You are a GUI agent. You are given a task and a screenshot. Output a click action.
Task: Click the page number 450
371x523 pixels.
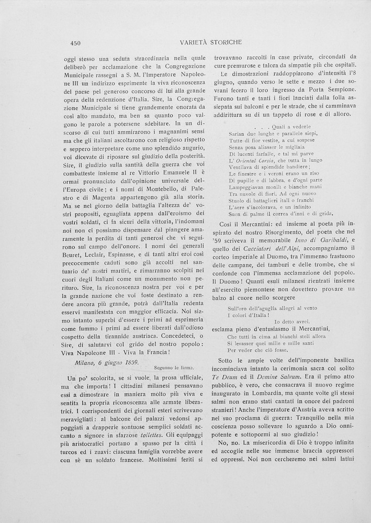75,43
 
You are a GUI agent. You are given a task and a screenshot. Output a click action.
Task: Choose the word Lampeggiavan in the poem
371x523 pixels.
249,187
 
